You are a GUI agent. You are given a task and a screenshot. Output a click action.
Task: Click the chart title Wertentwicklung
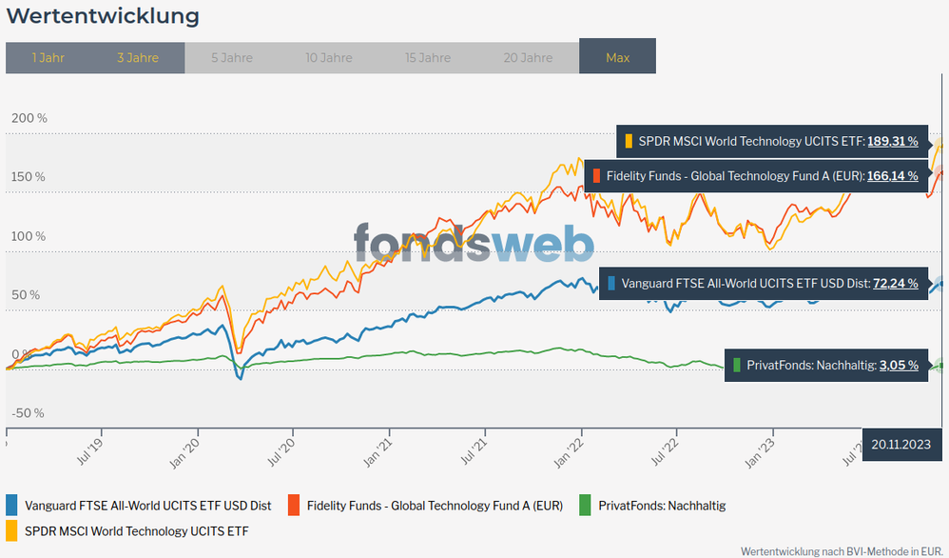[x=103, y=16]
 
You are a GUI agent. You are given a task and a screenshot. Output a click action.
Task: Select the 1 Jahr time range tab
[x=48, y=58]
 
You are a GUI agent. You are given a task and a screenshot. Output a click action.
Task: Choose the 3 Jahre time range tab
[x=138, y=58]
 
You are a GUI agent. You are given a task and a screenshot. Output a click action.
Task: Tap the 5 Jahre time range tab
[x=232, y=58]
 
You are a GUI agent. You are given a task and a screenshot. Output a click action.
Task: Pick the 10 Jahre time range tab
[x=329, y=58]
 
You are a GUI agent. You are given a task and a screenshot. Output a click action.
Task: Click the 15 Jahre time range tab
[x=428, y=58]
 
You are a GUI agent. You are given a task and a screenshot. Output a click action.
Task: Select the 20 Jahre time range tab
[x=528, y=58]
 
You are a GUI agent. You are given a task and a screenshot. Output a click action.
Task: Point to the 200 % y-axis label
[x=29, y=118]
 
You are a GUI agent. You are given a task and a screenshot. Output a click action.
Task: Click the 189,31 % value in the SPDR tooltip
[x=892, y=141]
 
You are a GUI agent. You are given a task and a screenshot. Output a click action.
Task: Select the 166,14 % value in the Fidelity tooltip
[x=892, y=175]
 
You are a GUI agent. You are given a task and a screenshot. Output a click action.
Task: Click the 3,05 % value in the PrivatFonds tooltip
[x=899, y=365]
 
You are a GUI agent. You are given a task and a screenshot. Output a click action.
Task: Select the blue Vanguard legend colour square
[x=11, y=506]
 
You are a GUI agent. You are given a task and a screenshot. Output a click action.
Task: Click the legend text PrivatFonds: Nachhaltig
[x=662, y=506]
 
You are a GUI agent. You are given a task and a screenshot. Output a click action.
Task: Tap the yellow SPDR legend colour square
[x=11, y=530]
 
